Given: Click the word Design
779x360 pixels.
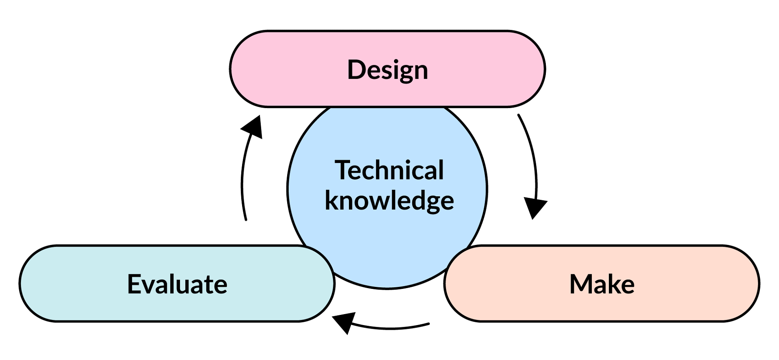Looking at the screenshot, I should tap(387, 70).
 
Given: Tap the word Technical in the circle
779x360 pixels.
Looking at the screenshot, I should tap(389, 170).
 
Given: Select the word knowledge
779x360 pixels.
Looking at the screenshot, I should tap(389, 201).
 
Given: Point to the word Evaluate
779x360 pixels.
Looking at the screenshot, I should tap(177, 284).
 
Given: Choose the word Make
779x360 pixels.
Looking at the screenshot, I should tap(602, 284).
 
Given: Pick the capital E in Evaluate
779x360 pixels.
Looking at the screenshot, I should tap(134, 284).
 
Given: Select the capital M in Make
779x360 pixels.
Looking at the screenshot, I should tap(580, 284).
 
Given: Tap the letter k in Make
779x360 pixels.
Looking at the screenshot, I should tap(614, 284).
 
